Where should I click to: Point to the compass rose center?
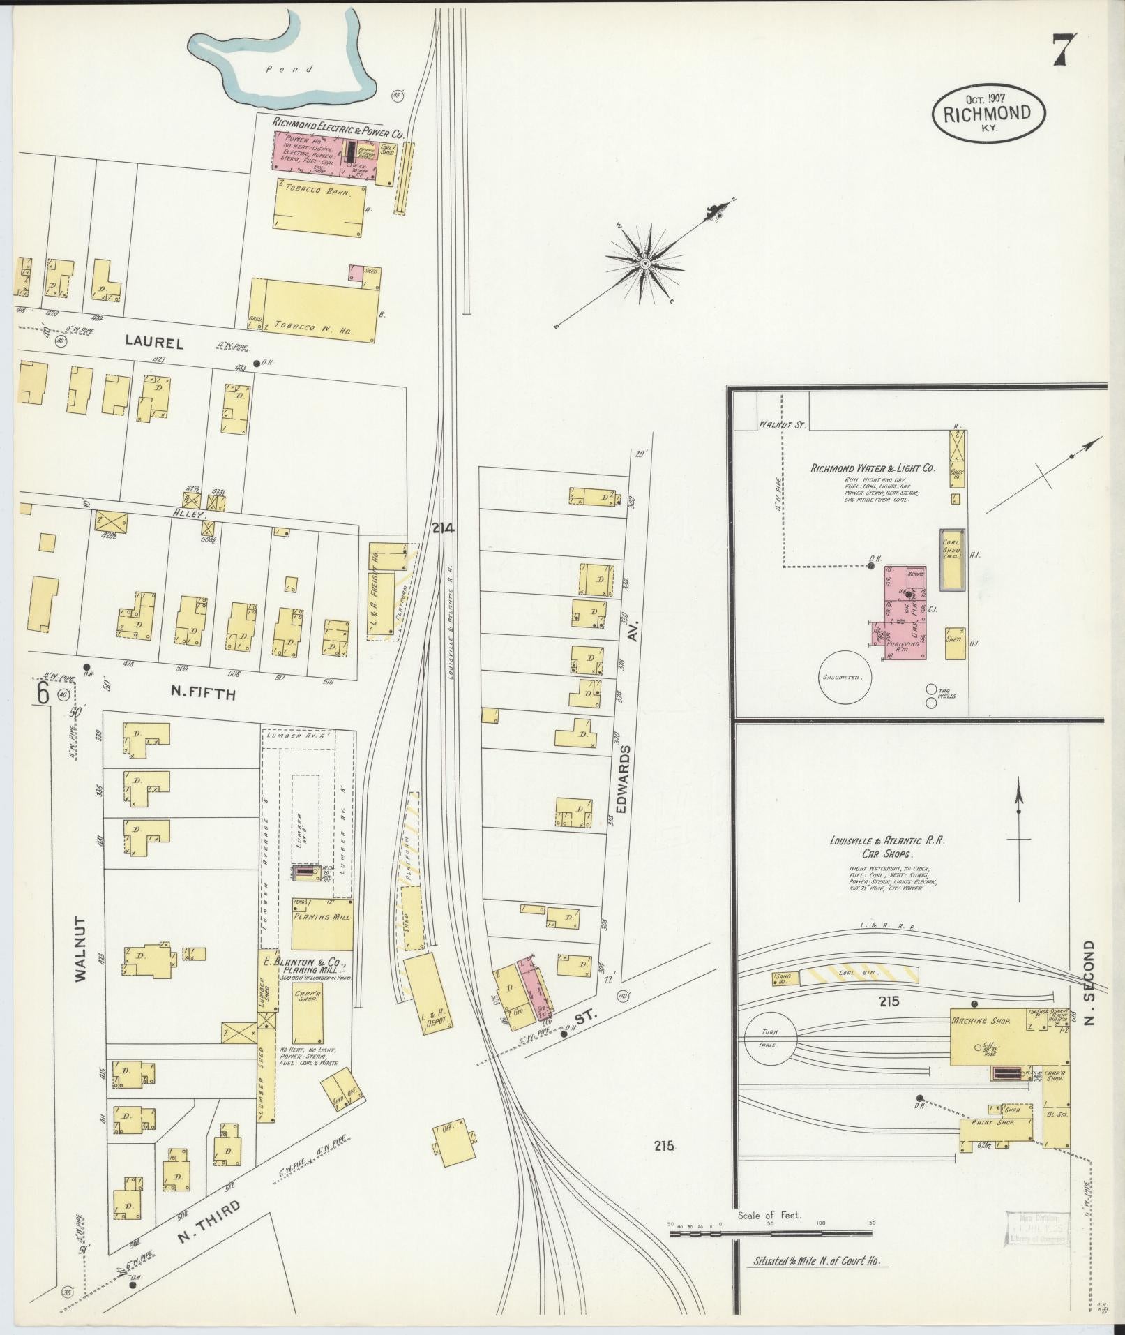(646, 264)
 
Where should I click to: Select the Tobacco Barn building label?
(322, 191)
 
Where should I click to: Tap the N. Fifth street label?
(204, 694)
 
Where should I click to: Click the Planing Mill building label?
(322, 916)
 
